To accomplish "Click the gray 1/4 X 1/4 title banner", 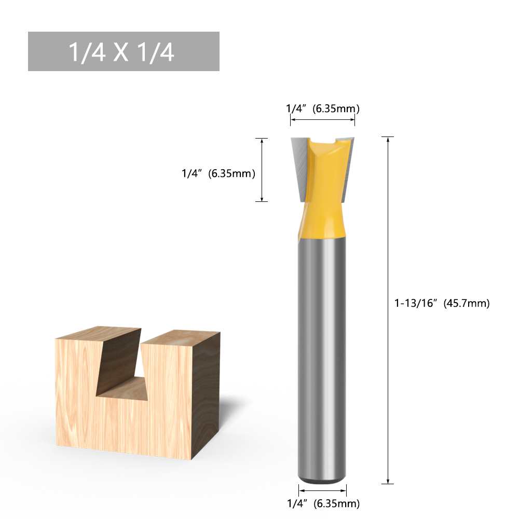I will [124, 51].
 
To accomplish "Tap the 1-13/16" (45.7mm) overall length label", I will [442, 304].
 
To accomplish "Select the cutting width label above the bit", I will [322, 109].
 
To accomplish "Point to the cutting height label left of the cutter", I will [218, 174].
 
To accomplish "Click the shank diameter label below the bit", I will [322, 503].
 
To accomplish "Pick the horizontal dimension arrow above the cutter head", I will [322, 120].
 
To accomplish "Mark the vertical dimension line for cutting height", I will [263, 170].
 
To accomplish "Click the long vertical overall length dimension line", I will [388, 311].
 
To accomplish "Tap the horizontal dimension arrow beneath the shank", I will [322, 489].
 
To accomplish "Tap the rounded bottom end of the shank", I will [322, 479].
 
